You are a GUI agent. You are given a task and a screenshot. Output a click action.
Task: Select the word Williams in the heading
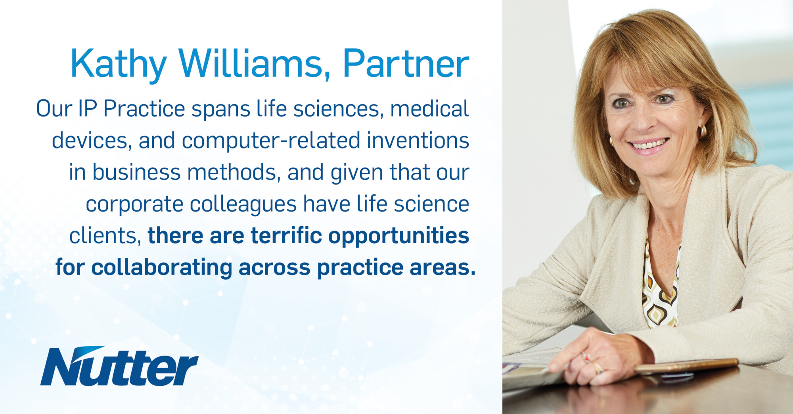point(254,63)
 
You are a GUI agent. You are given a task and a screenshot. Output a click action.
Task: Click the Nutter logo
point(119,366)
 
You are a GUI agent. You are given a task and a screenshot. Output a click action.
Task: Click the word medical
point(430,109)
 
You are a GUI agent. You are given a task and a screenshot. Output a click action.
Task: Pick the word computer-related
point(271,141)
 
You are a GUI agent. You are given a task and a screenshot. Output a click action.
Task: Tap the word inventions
point(418,141)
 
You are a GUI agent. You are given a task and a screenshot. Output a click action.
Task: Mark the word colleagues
point(243,204)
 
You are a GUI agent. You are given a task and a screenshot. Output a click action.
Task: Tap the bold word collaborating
point(162,268)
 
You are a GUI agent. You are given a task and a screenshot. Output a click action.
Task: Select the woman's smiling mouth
point(649,144)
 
